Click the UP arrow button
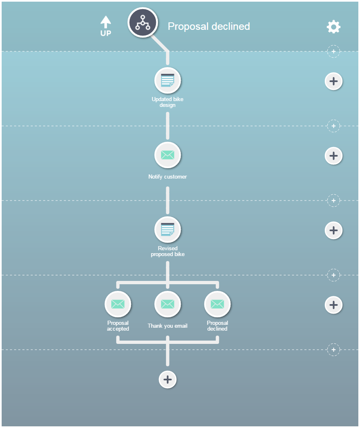[x=106, y=26]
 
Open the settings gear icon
[x=333, y=27]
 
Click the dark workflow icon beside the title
[x=143, y=22]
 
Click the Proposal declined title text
[x=209, y=27]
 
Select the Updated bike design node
[x=168, y=80]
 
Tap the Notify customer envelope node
[x=168, y=155]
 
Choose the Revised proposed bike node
[x=168, y=230]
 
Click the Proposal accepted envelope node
[x=118, y=304]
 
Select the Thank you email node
[x=168, y=304]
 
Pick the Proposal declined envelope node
[x=217, y=304]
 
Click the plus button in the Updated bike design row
[x=333, y=81]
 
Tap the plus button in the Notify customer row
[x=333, y=156]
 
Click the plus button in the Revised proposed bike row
[x=333, y=230]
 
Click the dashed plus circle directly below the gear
[x=333, y=51]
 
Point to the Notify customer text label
[x=168, y=177]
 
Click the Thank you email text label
[x=168, y=326]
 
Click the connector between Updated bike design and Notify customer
[x=168, y=126]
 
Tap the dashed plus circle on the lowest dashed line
[x=333, y=349]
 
